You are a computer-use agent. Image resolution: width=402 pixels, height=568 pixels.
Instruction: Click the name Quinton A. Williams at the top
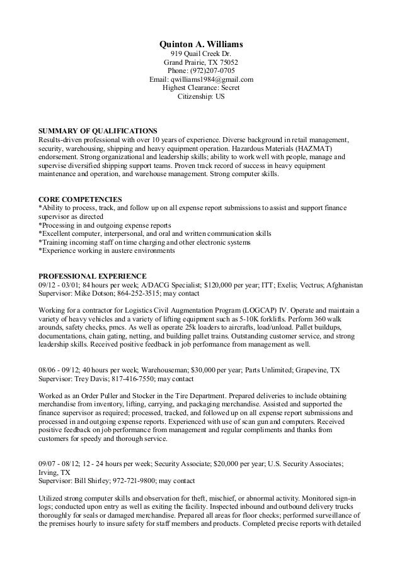[201, 45]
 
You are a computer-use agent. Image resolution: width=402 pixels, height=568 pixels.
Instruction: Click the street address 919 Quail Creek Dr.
[201, 54]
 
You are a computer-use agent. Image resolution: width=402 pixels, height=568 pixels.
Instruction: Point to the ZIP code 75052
[227, 63]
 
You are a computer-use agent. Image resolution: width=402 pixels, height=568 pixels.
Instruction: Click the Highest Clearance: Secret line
[201, 89]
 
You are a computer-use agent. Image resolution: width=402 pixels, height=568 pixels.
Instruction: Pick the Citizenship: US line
[201, 97]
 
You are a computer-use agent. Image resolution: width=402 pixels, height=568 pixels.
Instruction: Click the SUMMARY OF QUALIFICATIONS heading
[98, 130]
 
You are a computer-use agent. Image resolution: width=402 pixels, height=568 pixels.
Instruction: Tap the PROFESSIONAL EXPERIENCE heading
[93, 276]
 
